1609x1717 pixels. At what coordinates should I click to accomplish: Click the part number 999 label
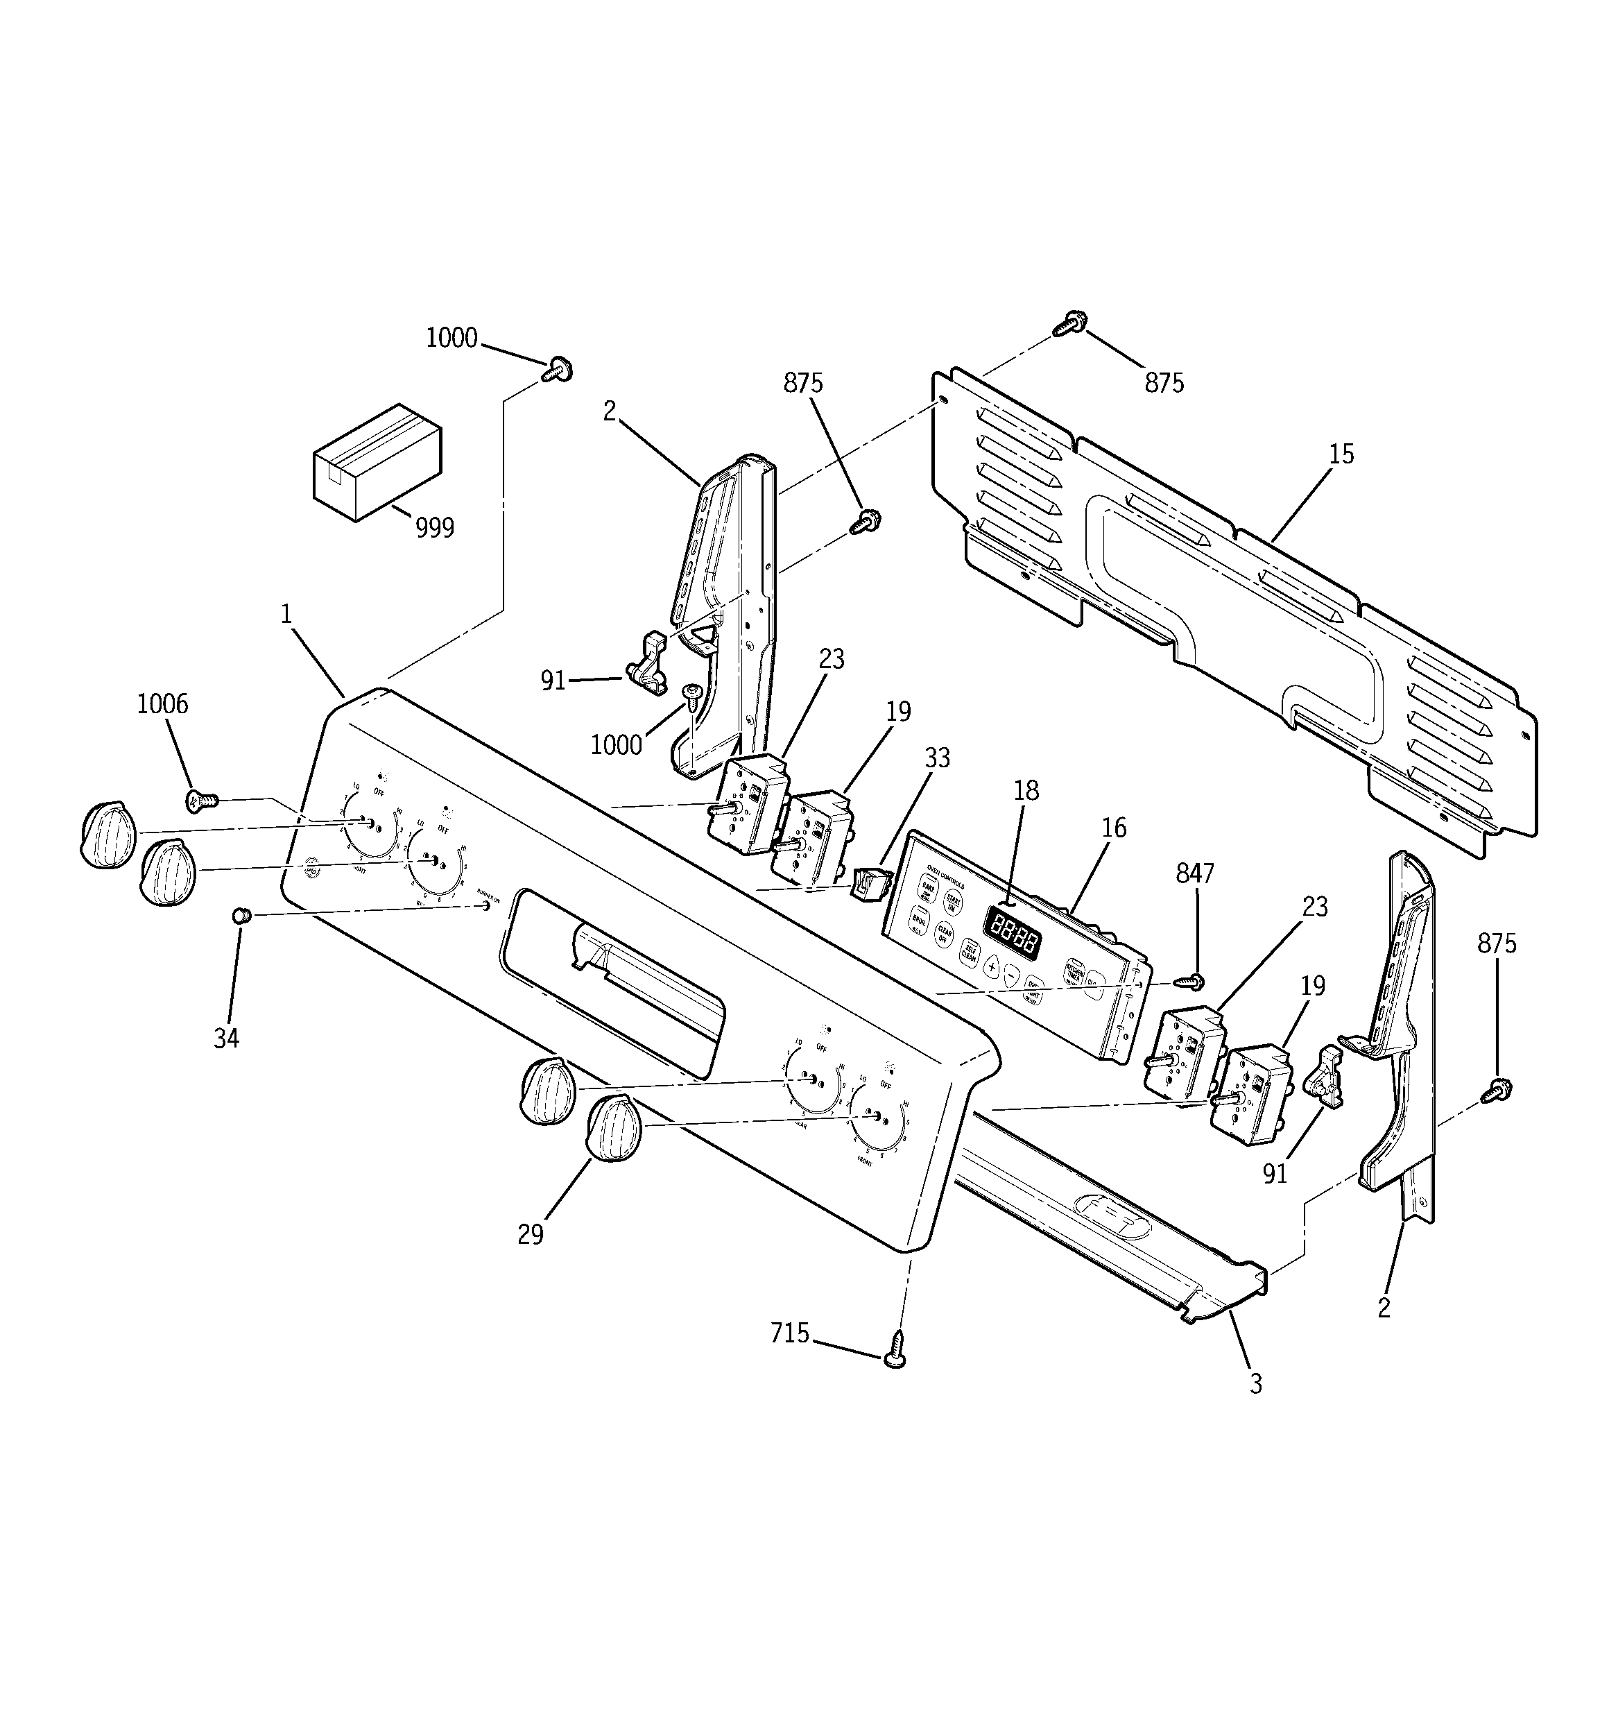coord(434,527)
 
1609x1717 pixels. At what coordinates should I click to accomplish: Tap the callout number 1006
coord(162,704)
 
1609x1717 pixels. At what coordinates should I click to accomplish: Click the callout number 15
coord(1341,454)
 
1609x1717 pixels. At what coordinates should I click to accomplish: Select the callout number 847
coord(1195,874)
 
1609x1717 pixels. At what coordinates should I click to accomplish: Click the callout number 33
coord(937,758)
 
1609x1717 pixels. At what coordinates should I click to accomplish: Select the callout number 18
coord(1026,790)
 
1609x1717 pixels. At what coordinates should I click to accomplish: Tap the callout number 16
coord(1114,828)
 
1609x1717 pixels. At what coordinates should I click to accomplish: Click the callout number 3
coord(1256,1383)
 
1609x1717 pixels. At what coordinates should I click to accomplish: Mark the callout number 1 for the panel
coord(286,614)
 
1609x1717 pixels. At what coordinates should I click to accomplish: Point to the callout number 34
coord(226,1038)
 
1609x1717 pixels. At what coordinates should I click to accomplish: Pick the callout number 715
coord(789,1334)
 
